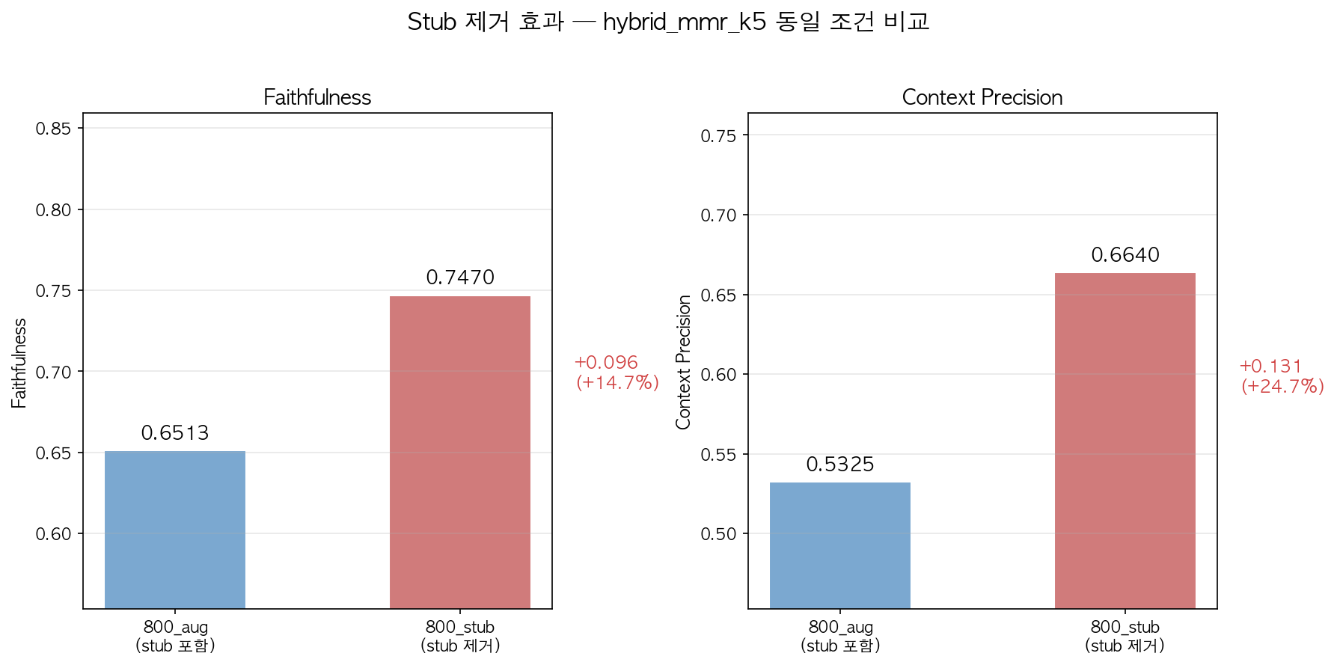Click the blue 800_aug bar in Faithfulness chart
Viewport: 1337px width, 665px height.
pos(175,530)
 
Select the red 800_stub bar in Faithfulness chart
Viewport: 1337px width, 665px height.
pos(459,452)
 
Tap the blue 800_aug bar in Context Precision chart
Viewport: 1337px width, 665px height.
pos(839,545)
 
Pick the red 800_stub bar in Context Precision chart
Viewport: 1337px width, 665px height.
pos(1125,441)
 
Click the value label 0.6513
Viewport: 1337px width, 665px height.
pos(175,433)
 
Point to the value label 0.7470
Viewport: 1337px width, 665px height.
pos(460,278)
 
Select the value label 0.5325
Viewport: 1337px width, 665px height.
pos(840,465)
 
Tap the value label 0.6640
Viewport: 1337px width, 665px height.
pos(1125,255)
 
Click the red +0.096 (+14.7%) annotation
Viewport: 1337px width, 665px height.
pos(617,373)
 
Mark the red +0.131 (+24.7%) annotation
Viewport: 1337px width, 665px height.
pos(1282,376)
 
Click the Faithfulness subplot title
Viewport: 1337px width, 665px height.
pos(317,97)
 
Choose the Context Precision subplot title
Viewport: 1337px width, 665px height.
pos(982,97)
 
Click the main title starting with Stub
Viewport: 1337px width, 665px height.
pos(668,22)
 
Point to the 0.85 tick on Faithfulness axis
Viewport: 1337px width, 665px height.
pos(53,129)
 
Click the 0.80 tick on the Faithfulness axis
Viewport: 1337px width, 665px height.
pos(53,210)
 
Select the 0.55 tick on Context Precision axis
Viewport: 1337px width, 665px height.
pos(718,455)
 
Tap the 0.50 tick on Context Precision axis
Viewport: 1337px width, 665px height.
pos(718,534)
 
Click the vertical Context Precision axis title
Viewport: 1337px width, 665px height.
pos(683,362)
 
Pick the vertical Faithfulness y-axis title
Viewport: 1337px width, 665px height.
pos(19,363)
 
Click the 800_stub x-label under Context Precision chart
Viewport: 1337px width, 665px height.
pos(1125,636)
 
